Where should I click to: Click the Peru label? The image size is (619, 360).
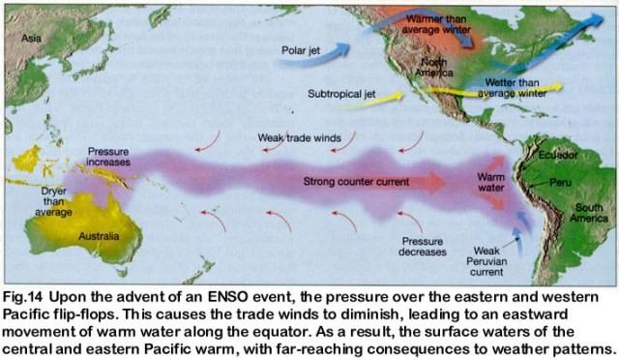558,182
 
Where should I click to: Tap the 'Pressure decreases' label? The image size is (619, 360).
422,247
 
